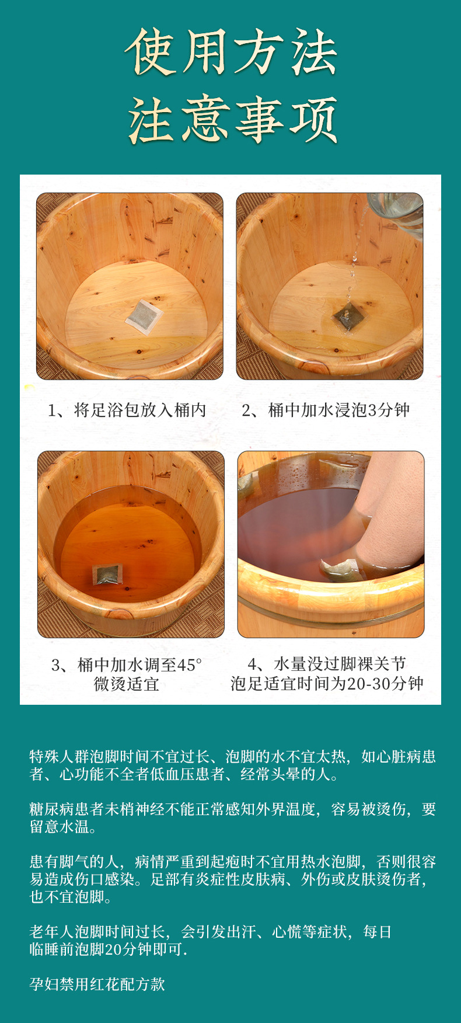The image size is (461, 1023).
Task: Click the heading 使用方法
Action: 231,53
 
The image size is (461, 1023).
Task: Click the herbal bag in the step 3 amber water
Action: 108,575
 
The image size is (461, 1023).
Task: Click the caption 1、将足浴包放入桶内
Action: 127,410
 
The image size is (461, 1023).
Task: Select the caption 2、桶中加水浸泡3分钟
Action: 326,410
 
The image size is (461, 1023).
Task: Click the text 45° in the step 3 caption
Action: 190,664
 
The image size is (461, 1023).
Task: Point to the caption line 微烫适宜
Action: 127,684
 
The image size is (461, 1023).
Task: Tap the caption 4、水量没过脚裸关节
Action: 327,664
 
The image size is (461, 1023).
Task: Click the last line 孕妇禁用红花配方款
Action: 97,984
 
